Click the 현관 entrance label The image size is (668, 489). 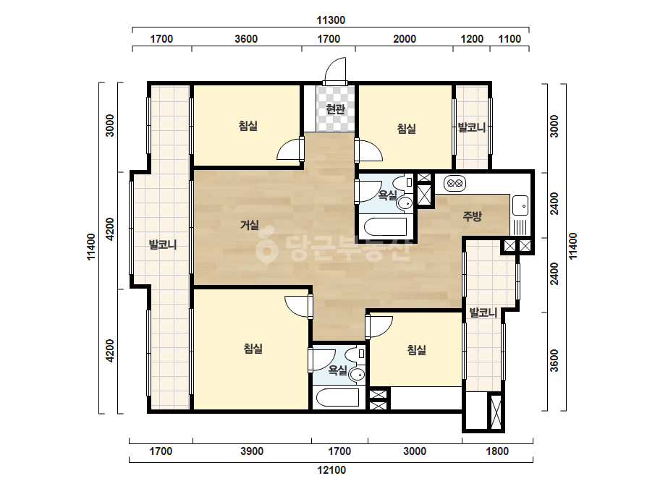click(335, 109)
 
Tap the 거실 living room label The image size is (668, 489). click(250, 224)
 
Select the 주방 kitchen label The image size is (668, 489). click(472, 216)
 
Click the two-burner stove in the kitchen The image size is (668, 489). click(455, 184)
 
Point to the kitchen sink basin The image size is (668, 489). click(520, 205)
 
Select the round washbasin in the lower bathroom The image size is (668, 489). click(357, 375)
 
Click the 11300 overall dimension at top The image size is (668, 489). click(331, 20)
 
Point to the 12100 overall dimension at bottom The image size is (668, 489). click(331, 470)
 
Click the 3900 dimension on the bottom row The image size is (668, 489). click(252, 451)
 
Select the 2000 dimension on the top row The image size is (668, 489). click(405, 39)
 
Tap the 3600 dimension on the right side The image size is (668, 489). click(554, 360)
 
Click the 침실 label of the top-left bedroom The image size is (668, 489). click(248, 126)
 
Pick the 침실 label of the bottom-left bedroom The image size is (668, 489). click(253, 349)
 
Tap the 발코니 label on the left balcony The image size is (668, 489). click(162, 244)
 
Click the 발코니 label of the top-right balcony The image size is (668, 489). click(472, 127)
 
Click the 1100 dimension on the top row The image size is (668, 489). click(510, 39)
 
